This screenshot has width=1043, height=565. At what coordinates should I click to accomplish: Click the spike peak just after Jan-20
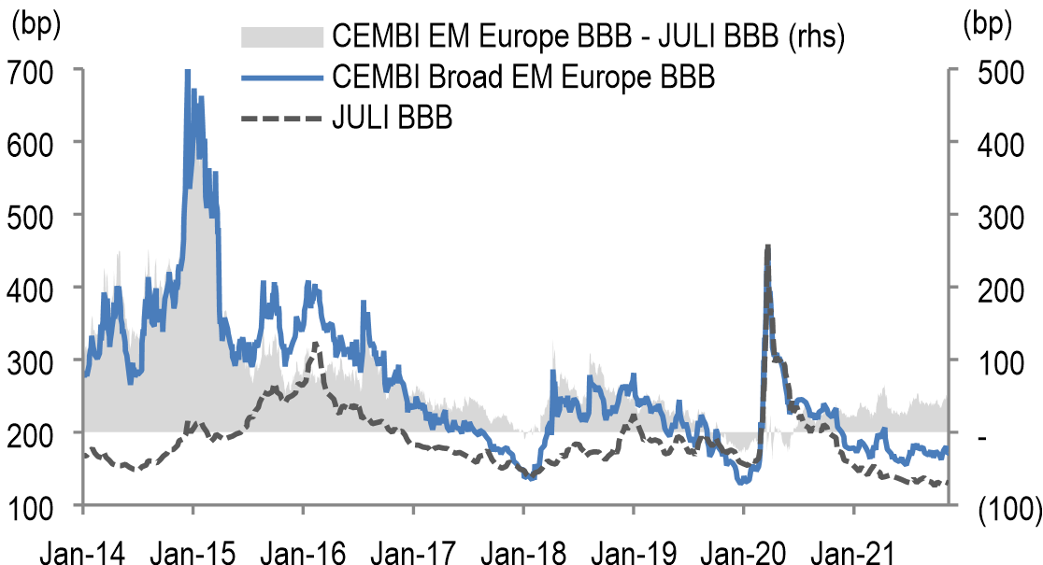[x=767, y=246]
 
